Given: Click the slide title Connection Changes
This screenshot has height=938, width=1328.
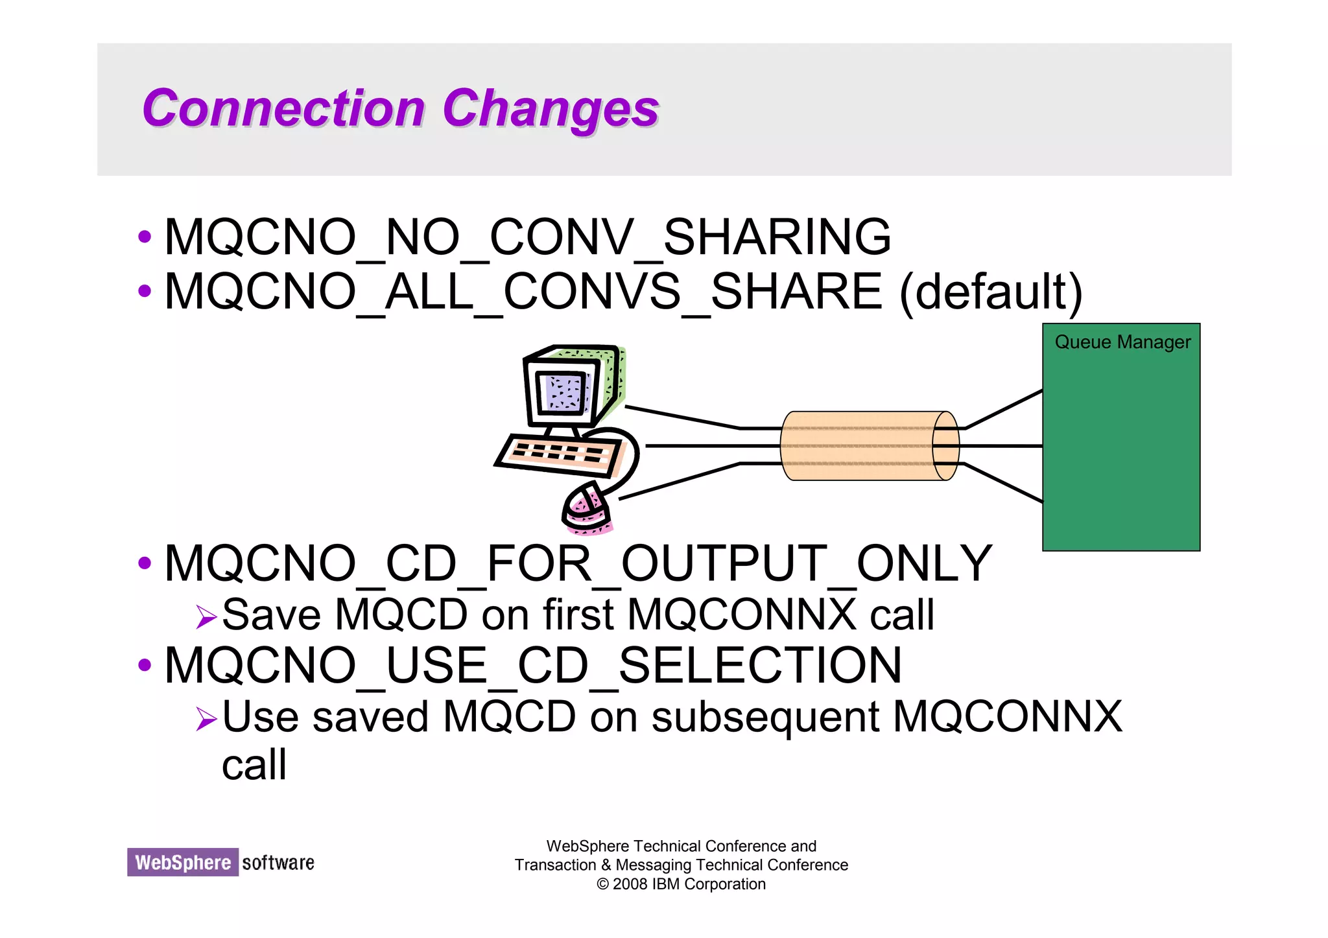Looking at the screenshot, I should [400, 108].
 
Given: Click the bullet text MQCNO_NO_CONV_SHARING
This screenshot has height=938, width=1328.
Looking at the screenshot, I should [527, 237].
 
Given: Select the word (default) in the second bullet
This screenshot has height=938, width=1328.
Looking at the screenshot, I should [990, 292].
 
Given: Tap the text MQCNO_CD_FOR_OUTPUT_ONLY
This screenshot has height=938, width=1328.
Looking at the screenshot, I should [578, 563].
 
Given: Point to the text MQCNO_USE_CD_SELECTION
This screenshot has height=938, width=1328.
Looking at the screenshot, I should [532, 666].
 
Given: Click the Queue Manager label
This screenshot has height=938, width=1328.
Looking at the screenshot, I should [1122, 342].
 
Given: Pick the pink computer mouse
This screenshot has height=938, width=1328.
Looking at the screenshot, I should [587, 510].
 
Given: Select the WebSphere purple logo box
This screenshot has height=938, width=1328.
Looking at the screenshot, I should [183, 862].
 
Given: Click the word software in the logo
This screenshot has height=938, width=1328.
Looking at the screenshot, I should [278, 863].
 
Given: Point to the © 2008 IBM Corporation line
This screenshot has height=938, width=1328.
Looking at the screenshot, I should [681, 884].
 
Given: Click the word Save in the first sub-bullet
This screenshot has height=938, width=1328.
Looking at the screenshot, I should [271, 615].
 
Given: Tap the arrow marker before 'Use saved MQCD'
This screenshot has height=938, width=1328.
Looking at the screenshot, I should [206, 718].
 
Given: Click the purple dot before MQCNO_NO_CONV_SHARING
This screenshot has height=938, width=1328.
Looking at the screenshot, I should [145, 237].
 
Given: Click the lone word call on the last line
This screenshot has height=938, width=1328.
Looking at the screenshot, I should [254, 765].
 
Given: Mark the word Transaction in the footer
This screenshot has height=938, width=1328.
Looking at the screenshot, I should [554, 865].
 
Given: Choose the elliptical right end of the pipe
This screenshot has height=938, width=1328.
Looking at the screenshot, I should [945, 446].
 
